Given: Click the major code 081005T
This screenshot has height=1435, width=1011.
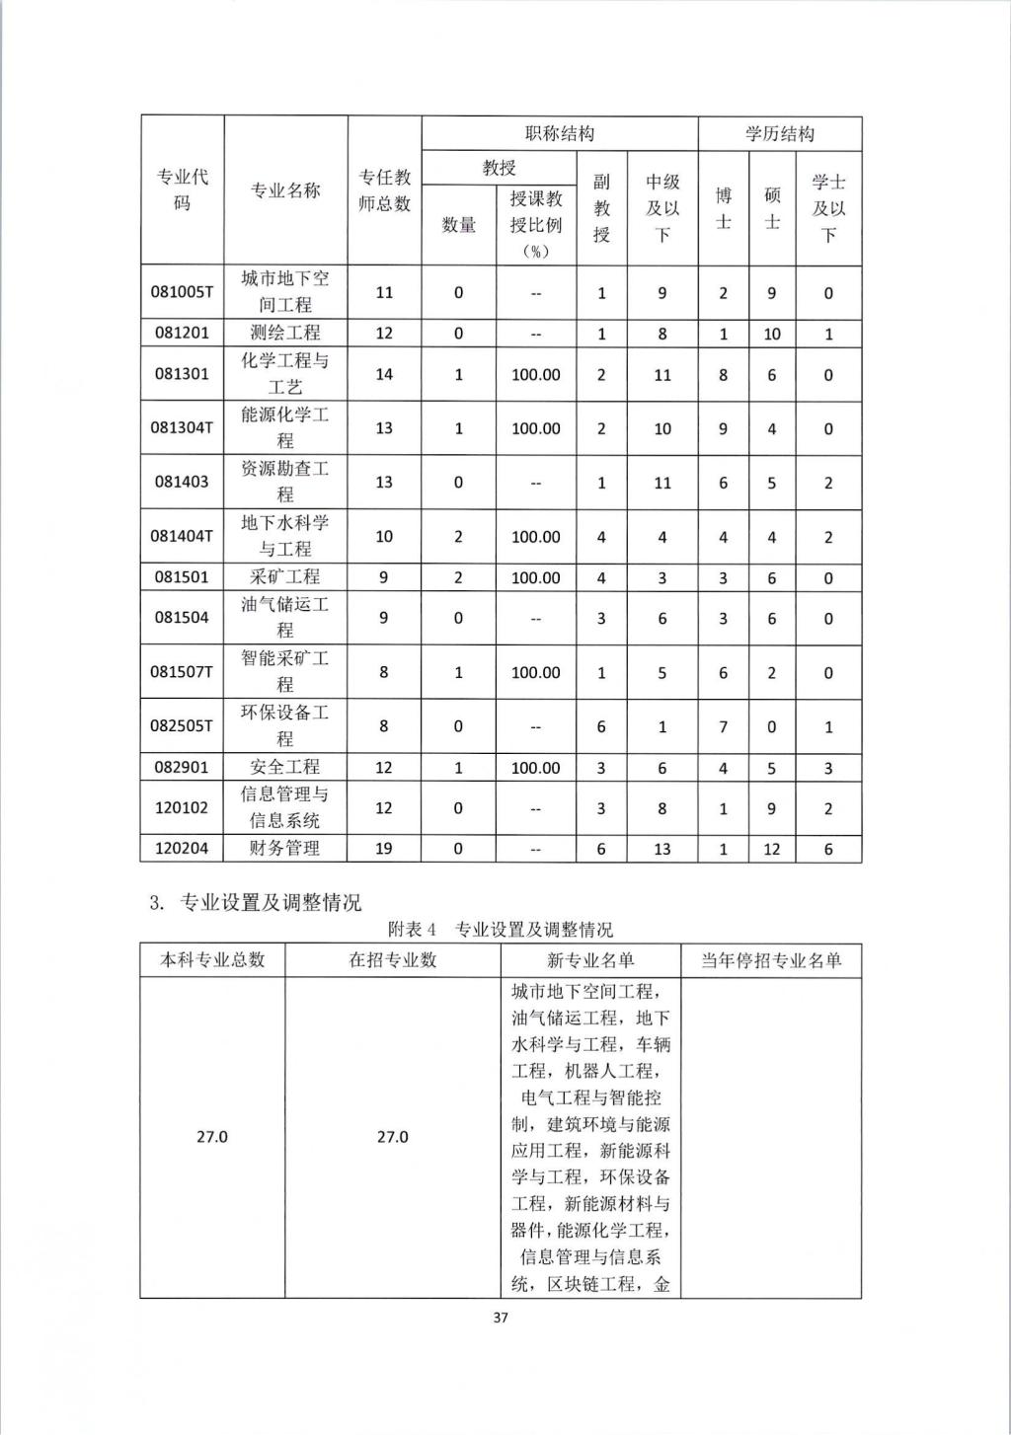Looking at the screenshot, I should click(x=182, y=292).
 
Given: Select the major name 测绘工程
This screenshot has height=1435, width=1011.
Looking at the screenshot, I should click(x=285, y=333).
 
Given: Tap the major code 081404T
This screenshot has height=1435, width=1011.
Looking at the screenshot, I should click(x=182, y=536).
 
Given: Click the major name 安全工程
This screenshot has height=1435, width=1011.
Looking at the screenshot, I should click(x=285, y=767).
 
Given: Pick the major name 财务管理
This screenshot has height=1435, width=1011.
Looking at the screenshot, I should click(x=285, y=848).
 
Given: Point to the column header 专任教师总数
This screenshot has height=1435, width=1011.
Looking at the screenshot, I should click(x=384, y=190).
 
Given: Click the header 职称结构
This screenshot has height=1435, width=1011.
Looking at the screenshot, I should click(x=559, y=133).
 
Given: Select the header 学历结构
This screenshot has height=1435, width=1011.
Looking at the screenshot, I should click(x=779, y=133).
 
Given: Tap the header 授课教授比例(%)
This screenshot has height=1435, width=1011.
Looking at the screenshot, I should click(x=535, y=224).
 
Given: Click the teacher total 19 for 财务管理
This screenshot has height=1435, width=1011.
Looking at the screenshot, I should click(x=384, y=848).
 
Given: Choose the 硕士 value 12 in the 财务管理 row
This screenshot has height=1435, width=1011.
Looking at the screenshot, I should click(x=772, y=848).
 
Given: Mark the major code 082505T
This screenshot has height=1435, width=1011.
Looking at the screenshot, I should click(x=182, y=725).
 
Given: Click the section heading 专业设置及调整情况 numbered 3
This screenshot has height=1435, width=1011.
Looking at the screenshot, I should click(x=255, y=902).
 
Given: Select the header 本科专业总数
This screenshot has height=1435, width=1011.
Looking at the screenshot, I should click(x=212, y=960).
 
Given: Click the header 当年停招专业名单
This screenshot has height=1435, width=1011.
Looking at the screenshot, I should click(x=770, y=960).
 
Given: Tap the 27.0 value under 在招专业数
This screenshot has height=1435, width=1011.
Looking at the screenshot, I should click(x=392, y=1137).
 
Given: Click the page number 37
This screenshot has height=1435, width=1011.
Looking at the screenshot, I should click(x=501, y=1318).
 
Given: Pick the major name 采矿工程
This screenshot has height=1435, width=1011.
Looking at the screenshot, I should click(x=285, y=577).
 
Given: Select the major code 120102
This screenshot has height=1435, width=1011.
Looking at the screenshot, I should click(x=182, y=807).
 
